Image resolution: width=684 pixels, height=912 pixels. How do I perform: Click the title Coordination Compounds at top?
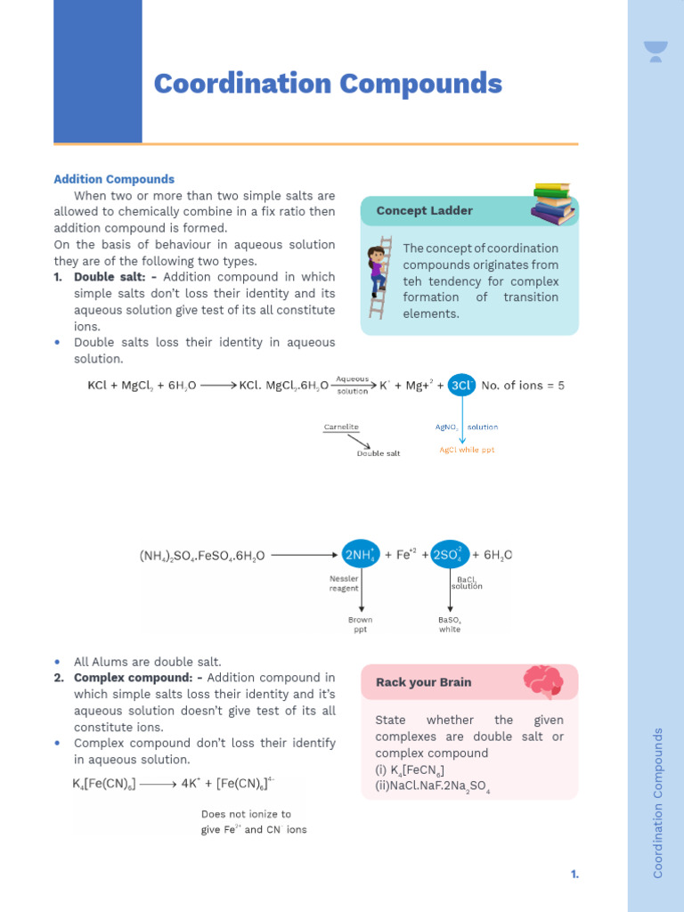tap(328, 85)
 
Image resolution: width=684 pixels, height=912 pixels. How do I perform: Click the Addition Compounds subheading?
tap(114, 179)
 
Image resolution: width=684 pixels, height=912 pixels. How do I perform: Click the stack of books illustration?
tap(553, 204)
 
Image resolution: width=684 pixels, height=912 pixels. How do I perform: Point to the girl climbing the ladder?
tap(378, 267)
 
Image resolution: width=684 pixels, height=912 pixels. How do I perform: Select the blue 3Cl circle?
tap(461, 386)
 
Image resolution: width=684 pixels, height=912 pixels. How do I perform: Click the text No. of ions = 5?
tap(523, 386)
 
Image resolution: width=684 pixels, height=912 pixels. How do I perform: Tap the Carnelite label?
tap(341, 427)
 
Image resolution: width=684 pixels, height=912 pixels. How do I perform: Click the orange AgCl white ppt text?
tap(467, 450)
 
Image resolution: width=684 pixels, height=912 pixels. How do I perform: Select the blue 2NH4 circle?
tap(360, 554)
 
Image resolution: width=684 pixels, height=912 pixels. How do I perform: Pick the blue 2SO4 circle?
tap(450, 554)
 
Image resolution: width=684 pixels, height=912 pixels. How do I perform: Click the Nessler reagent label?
tap(344, 583)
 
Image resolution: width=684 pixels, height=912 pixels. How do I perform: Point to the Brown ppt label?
tap(360, 624)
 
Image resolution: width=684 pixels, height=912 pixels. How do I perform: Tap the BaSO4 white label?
tap(450, 624)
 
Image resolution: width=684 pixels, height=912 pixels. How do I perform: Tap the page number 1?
tap(574, 875)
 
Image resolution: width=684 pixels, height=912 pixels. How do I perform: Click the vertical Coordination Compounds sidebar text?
tap(658, 802)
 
